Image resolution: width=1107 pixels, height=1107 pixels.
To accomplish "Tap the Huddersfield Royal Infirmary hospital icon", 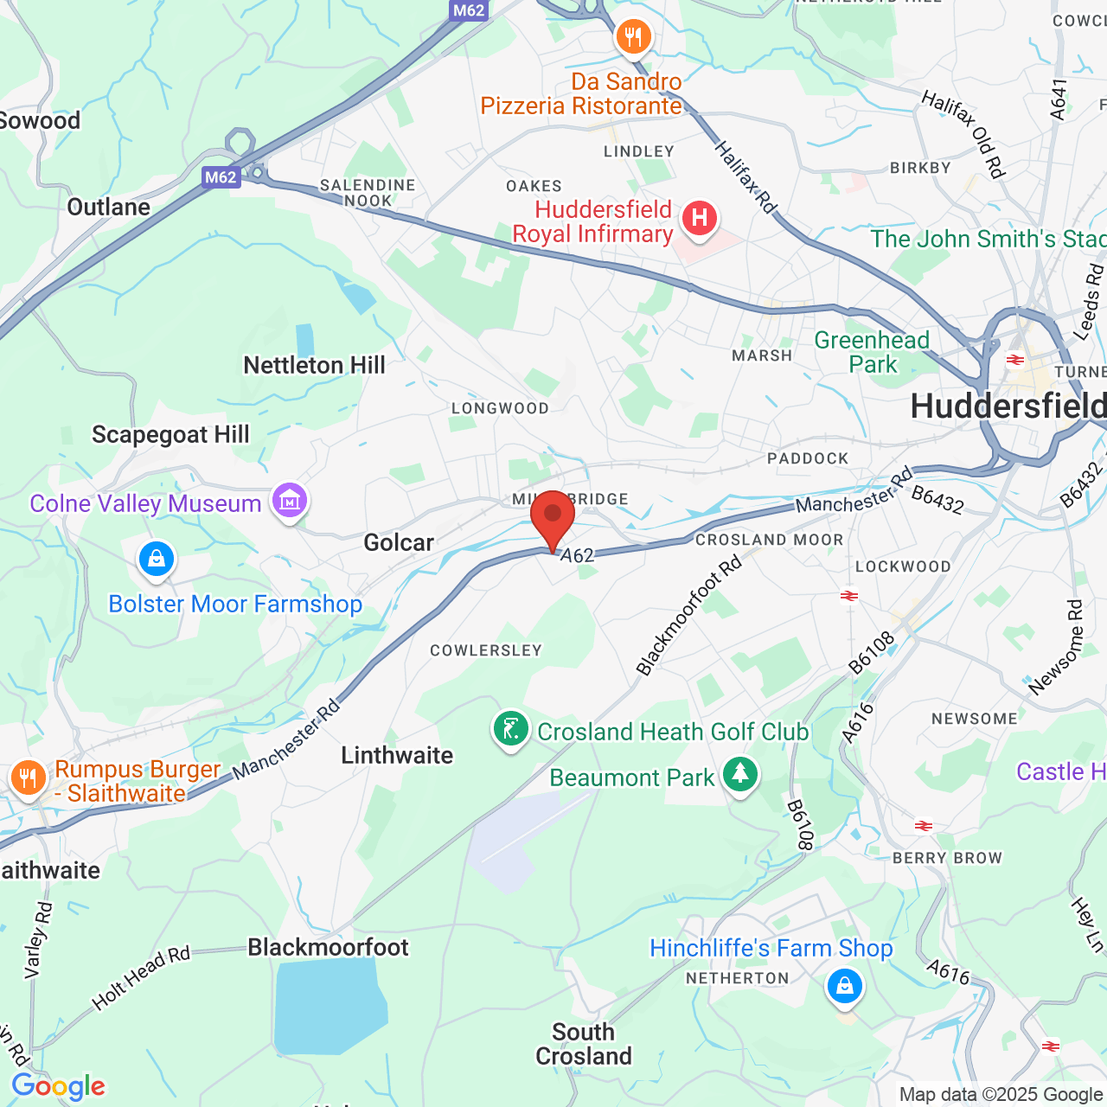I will [700, 218].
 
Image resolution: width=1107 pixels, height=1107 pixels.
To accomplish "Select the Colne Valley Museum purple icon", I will [290, 501].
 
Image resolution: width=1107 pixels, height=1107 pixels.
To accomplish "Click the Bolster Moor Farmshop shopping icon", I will [157, 560].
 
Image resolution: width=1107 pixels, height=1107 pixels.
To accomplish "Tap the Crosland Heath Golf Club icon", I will [511, 729].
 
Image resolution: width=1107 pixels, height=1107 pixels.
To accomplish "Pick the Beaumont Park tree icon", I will [739, 775].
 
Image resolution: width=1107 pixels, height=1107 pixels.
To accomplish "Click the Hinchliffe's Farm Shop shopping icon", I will [845, 986].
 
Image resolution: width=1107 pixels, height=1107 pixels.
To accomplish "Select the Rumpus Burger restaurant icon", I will [28, 777].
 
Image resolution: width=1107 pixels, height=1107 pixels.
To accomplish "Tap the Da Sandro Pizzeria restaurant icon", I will [633, 37].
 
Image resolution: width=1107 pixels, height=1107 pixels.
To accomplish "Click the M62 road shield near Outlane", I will [221, 177].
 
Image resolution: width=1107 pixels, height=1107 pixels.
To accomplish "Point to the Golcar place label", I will [398, 543].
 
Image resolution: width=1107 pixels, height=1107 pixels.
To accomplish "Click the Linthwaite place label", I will [397, 756].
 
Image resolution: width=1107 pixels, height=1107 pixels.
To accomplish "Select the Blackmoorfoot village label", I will [328, 948].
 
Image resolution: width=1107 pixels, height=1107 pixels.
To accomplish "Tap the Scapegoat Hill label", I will [170, 435].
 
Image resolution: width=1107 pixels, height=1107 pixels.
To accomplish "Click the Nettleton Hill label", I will [314, 366].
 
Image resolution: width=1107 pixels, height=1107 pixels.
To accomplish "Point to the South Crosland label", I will [584, 1044].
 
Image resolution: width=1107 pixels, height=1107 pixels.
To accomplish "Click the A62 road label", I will [577, 555].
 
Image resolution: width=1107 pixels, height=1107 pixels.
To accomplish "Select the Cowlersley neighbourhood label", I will [486, 650].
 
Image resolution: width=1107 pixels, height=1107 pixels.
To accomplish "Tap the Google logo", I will [58, 1086].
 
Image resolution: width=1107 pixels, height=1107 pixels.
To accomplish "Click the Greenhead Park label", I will [872, 352].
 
